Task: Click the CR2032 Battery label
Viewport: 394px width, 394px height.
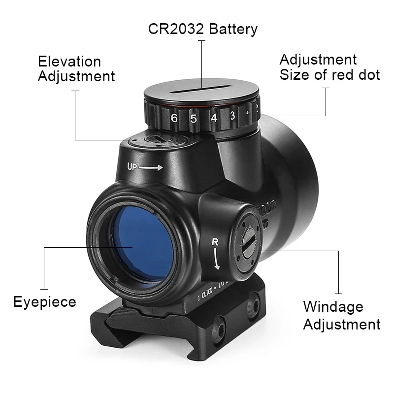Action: [x=202, y=29]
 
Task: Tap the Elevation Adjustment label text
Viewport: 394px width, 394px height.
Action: [x=76, y=69]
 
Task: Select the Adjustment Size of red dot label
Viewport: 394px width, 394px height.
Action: [x=329, y=67]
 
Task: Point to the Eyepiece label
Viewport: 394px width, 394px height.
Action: [x=45, y=301]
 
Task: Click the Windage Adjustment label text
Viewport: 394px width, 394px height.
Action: [x=341, y=315]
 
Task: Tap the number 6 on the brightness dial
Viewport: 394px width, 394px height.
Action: [x=174, y=118]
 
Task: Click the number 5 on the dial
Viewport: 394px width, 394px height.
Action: [x=194, y=119]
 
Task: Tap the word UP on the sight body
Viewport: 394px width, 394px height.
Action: [x=132, y=166]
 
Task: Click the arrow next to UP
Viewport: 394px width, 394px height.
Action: [x=151, y=167]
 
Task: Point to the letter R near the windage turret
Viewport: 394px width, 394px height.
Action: [x=215, y=242]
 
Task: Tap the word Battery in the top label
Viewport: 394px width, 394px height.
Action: [x=233, y=29]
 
